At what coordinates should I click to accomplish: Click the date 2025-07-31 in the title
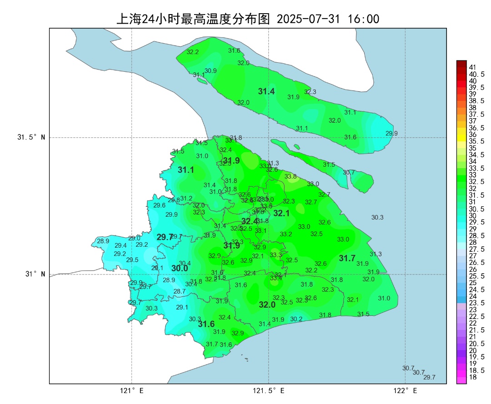coord(308,19)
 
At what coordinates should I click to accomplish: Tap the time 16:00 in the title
coord(363,19)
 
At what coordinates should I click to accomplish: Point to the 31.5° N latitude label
coord(31,137)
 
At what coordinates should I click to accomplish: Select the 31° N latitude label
coord(35,274)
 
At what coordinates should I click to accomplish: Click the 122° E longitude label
coord(406,391)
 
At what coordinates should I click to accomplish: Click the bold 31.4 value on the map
coord(266,92)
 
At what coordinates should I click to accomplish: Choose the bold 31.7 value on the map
coord(347,259)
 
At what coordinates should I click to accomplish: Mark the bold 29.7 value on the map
coord(165,237)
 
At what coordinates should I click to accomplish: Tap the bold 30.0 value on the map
coord(180,269)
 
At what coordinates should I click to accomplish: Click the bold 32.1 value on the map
coord(281,213)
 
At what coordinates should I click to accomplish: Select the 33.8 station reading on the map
coord(291,176)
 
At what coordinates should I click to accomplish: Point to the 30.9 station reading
coord(210,71)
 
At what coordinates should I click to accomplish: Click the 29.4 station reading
coord(120,245)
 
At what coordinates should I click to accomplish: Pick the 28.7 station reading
coord(180,291)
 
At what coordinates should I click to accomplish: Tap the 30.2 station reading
coord(296,319)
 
